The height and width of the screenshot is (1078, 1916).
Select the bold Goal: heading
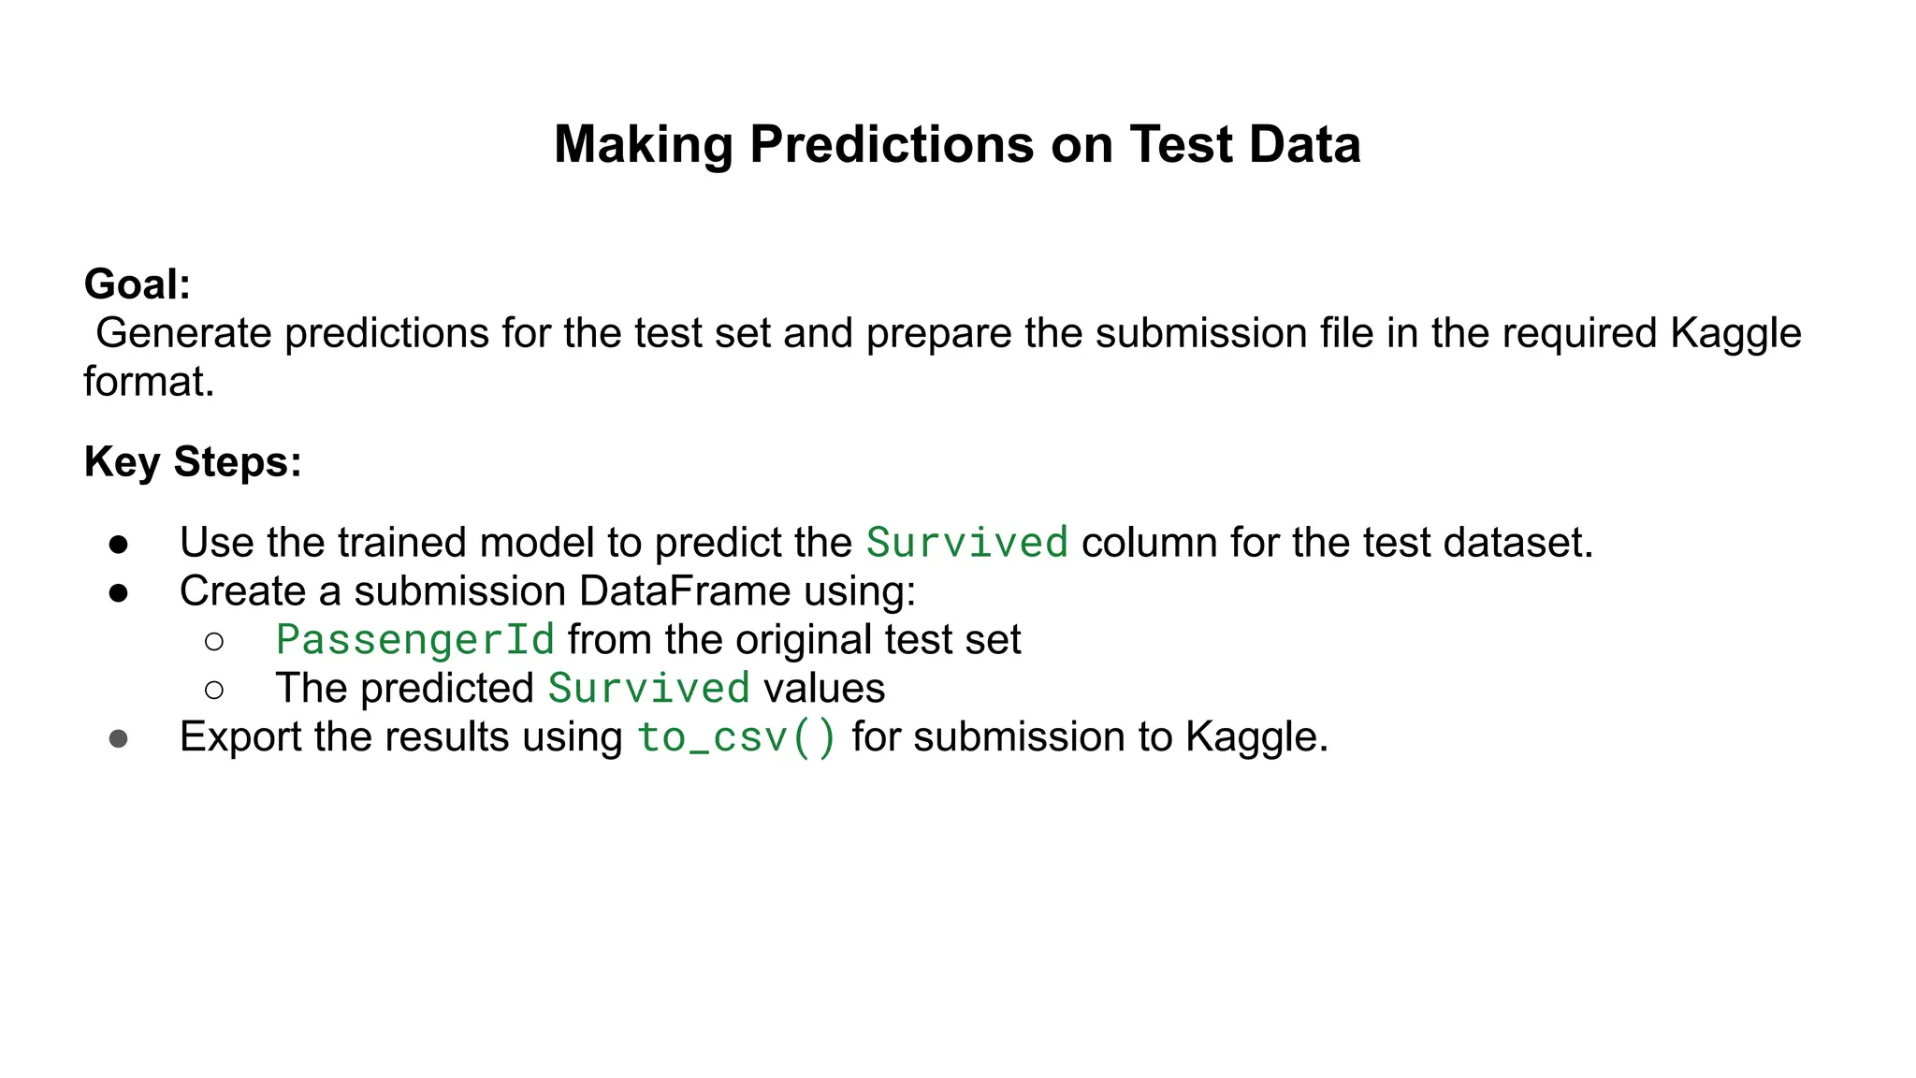tap(138, 284)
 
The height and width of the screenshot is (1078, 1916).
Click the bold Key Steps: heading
tap(193, 462)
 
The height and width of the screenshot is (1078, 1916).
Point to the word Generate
tap(183, 334)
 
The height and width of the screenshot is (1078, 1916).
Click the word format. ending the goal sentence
tap(149, 382)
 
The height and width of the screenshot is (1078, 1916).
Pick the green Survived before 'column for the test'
tap(967, 544)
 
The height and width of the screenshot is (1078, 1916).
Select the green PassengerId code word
tap(415, 641)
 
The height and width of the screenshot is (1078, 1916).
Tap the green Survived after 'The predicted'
tap(649, 690)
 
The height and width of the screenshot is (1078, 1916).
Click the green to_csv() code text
tap(737, 738)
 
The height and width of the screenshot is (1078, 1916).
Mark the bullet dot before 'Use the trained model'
tap(119, 544)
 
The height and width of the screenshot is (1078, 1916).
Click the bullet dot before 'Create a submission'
tap(119, 592)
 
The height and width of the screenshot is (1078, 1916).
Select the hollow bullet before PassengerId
tap(214, 641)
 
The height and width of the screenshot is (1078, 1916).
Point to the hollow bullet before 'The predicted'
tap(214, 690)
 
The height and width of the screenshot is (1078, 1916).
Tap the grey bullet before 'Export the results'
tap(119, 738)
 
